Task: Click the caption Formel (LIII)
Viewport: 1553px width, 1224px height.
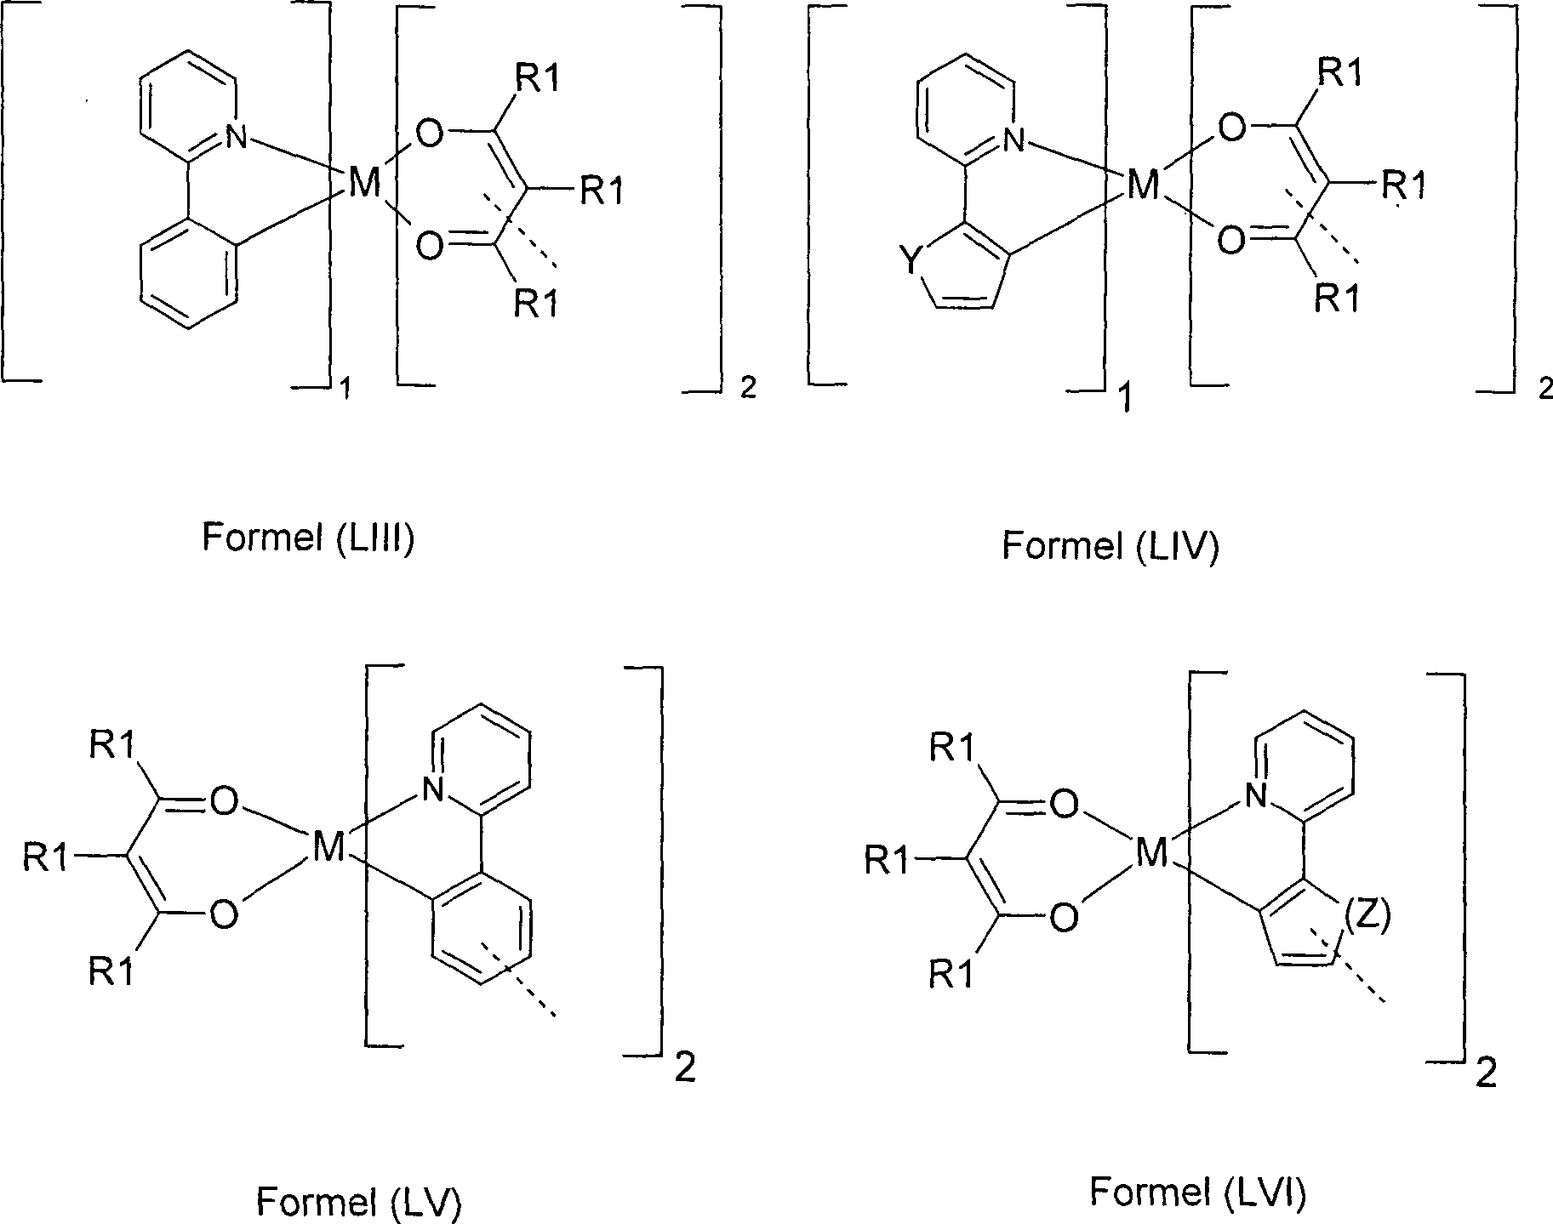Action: pos(308,538)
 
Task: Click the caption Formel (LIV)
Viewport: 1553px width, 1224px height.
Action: pos(1111,545)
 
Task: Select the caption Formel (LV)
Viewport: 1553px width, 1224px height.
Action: pos(358,1202)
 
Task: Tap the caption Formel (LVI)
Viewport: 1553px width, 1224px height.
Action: pos(1197,1193)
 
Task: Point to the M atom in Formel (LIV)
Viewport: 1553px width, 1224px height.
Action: pos(1142,185)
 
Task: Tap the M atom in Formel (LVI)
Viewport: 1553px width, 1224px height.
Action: pos(1151,853)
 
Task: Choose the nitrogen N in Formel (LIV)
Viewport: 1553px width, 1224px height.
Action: pos(1013,139)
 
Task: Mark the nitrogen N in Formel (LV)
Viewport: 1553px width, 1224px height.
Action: pos(433,792)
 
